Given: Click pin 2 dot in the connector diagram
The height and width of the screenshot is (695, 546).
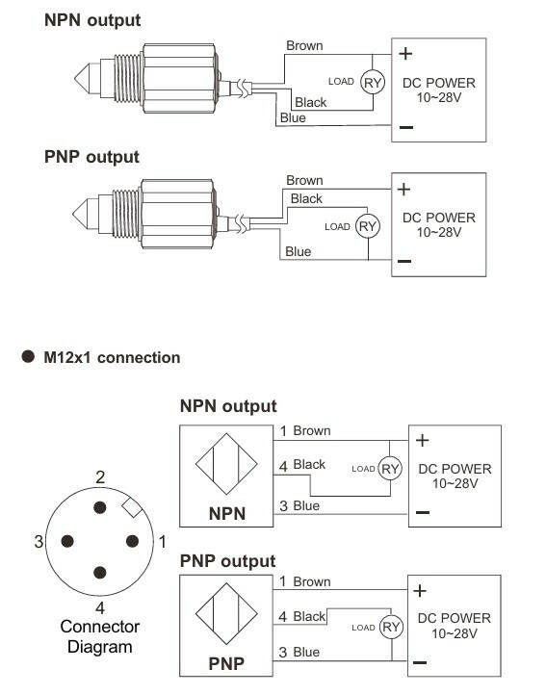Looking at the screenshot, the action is pyautogui.click(x=100, y=507).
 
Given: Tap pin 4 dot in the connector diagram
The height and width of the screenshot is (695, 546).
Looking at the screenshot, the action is pyautogui.click(x=100, y=572).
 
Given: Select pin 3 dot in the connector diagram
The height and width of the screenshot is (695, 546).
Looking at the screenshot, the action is pyautogui.click(x=67, y=541).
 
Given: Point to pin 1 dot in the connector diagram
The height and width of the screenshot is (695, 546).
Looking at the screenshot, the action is pyautogui.click(x=132, y=541).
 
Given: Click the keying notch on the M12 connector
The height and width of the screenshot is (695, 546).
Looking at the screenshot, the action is pyautogui.click(x=132, y=507).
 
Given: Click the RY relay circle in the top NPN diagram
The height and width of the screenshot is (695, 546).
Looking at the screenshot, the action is pyautogui.click(x=372, y=83).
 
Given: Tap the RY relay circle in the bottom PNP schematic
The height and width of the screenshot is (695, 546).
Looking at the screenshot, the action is pyautogui.click(x=391, y=628).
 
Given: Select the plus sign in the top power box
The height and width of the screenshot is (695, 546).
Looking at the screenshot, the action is pyautogui.click(x=405, y=54).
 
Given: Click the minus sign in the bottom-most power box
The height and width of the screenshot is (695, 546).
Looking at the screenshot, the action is pyautogui.click(x=420, y=662).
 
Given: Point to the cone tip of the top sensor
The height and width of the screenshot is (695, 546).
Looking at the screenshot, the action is pyautogui.click(x=75, y=79).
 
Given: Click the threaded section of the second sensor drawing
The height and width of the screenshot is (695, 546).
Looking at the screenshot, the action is pyautogui.click(x=126, y=213).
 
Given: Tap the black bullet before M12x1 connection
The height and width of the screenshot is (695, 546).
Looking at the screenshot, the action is pyautogui.click(x=28, y=356).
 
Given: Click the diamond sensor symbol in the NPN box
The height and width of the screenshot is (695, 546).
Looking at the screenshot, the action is pyautogui.click(x=226, y=464).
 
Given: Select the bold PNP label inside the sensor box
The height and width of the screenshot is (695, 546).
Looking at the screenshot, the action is pyautogui.click(x=226, y=663).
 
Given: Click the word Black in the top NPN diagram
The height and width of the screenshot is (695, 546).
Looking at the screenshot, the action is pyautogui.click(x=310, y=102).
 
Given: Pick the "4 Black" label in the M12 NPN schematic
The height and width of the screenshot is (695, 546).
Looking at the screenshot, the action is pyautogui.click(x=302, y=465).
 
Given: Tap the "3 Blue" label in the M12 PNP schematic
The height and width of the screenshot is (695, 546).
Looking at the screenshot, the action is pyautogui.click(x=299, y=652).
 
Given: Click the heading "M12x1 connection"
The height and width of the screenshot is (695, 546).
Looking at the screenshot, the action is pyautogui.click(x=112, y=357).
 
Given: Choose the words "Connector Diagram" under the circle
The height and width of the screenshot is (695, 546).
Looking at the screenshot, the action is pyautogui.click(x=100, y=636).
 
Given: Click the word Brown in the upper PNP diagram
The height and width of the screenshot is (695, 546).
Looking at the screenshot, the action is pyautogui.click(x=304, y=180).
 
